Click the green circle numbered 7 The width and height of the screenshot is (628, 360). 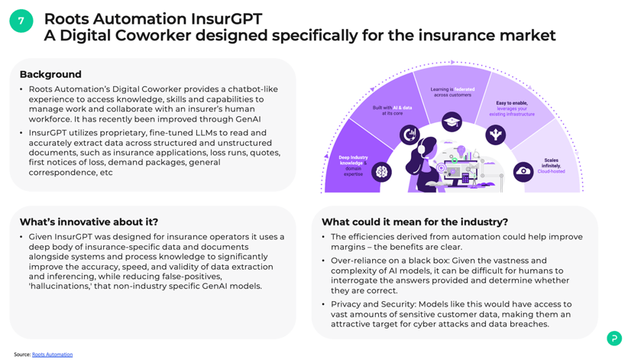pos(21,21)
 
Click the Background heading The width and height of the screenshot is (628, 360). pos(50,74)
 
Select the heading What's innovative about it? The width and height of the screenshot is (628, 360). pos(89,222)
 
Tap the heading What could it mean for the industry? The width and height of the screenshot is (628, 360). pos(415,222)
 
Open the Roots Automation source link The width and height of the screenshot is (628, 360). pos(53,355)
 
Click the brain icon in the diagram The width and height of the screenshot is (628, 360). pos(381,173)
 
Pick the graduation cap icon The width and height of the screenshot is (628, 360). pos(452,122)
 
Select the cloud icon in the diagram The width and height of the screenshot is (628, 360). pos(523,171)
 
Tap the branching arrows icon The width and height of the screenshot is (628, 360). pos(495,135)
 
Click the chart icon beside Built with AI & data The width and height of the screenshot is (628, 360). pos(409,135)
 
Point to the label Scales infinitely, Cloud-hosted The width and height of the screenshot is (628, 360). pos(551,166)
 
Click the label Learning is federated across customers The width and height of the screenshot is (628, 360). pos(452,92)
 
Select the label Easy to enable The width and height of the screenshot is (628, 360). pos(512,103)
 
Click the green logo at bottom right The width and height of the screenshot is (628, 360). pos(614,338)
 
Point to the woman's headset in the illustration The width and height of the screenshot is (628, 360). pos(421,149)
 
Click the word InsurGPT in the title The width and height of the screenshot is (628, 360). pos(226,19)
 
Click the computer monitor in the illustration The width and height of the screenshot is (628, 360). pos(460,173)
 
